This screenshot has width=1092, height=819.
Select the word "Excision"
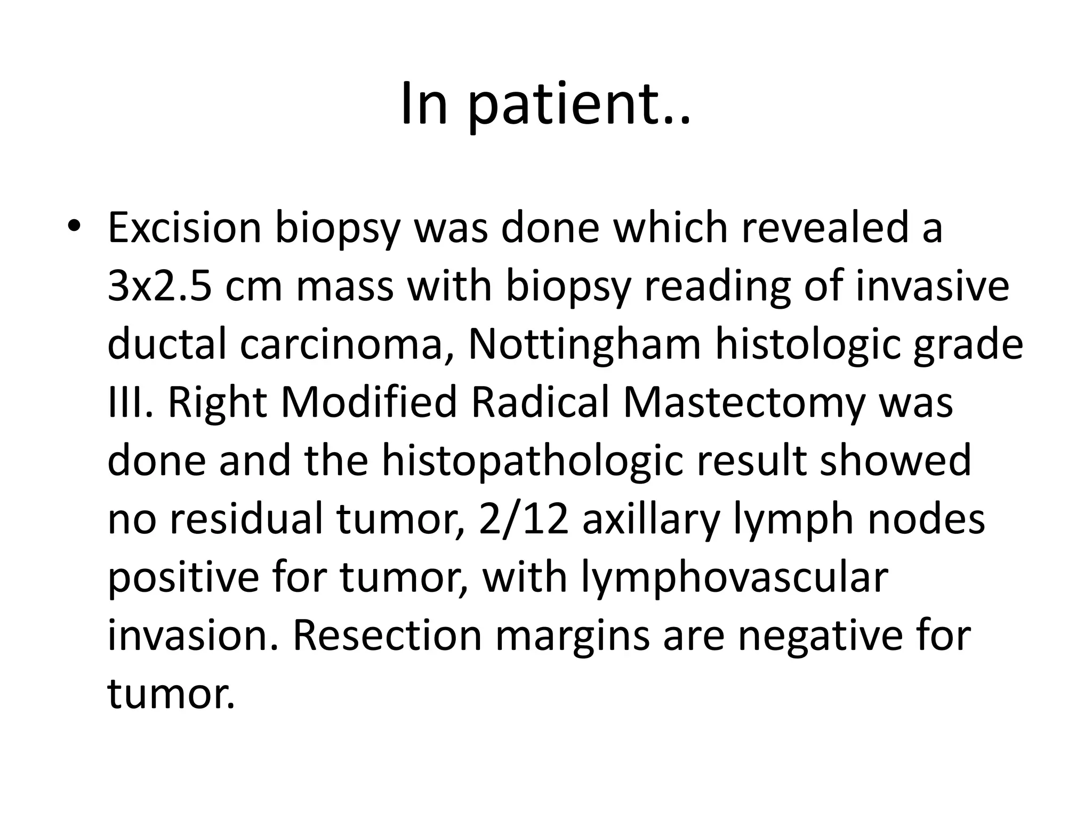(x=184, y=227)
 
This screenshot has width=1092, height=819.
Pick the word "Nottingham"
(x=584, y=344)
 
